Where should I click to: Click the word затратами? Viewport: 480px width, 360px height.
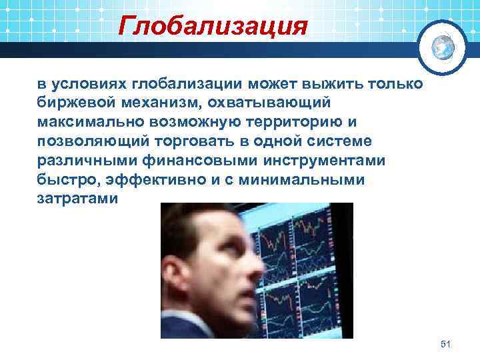tap(77, 200)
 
